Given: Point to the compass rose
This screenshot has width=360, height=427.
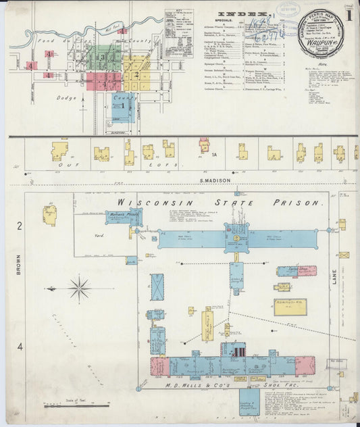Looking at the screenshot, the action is (79, 289).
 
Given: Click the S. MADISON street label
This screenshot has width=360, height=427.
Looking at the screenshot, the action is (214, 180).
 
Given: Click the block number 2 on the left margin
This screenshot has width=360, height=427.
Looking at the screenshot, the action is (20, 225).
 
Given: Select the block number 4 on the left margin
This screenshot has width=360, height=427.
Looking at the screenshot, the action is (20, 347).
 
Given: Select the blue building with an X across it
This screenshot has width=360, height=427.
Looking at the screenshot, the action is (157, 287).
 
